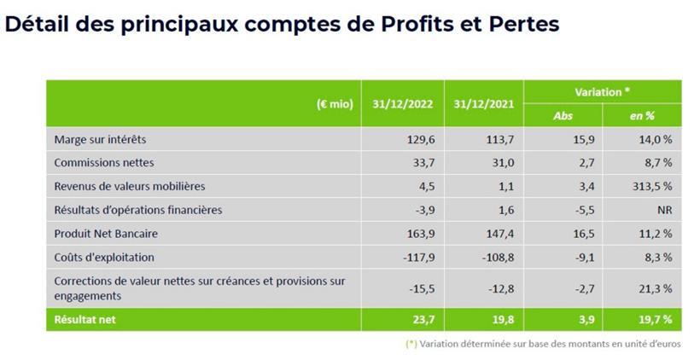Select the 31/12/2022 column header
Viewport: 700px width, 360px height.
click(x=402, y=104)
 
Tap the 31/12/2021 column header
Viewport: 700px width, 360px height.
click(x=482, y=104)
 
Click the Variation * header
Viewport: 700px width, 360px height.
click(x=603, y=91)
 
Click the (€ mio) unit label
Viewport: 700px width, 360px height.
click(x=335, y=104)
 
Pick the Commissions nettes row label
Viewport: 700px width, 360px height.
click(x=103, y=162)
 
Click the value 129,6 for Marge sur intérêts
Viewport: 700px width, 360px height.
click(x=419, y=139)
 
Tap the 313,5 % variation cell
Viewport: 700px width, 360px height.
click(x=654, y=186)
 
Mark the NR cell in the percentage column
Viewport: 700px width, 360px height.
click(x=665, y=209)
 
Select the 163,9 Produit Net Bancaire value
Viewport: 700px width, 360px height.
click(x=419, y=233)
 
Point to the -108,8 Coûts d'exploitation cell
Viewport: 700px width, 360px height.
click(x=497, y=256)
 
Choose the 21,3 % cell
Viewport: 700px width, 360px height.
click(x=656, y=288)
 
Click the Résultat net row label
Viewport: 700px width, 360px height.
click(x=85, y=319)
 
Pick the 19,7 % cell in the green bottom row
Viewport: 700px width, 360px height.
click(x=656, y=319)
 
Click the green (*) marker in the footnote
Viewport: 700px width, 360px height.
click(x=411, y=345)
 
